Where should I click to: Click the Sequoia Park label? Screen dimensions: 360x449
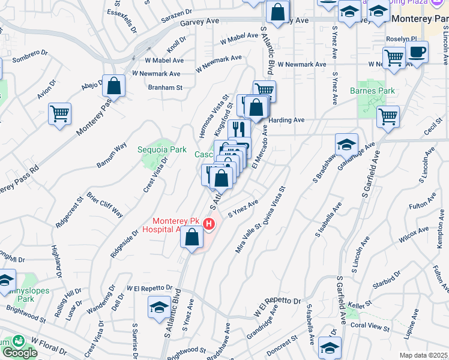tap(162, 149)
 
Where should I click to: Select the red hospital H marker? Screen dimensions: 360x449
tap(209, 224)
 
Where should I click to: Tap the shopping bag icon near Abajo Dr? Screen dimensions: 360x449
tap(113, 87)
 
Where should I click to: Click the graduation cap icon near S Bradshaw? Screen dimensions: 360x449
tap(347, 145)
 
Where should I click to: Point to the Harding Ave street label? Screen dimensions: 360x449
tap(287, 120)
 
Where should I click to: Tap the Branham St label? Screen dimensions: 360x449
tap(165, 87)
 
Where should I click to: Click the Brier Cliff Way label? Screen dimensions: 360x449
tap(105, 205)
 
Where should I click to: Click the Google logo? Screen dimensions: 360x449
tap(19, 352)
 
